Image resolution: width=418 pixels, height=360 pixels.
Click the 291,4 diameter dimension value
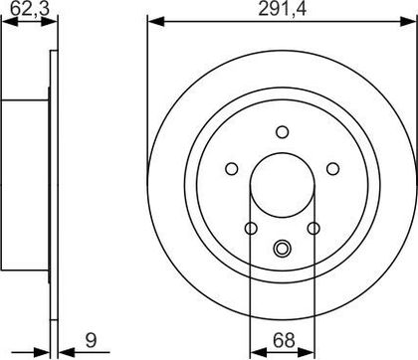pyautogui.click(x=283, y=9)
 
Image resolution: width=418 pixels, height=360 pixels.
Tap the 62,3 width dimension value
pyautogui.click(x=30, y=9)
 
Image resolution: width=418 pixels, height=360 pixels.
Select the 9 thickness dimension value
pyautogui.click(x=91, y=340)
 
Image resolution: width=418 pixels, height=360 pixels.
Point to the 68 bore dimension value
pyautogui.click(x=284, y=340)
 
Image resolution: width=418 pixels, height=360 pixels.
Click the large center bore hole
pyautogui.click(x=283, y=185)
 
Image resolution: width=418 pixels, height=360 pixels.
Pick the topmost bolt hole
pyautogui.click(x=283, y=132)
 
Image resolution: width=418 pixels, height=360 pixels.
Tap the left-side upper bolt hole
pyautogui.click(x=232, y=169)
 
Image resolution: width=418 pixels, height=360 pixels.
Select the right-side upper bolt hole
pyautogui.click(x=333, y=169)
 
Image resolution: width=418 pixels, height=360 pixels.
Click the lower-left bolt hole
pyautogui.click(x=251, y=228)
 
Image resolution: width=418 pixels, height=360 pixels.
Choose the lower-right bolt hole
pyautogui.click(x=313, y=228)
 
